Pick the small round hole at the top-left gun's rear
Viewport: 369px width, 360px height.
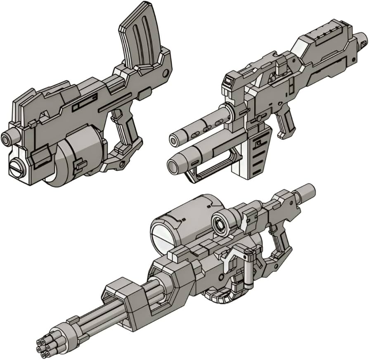tap(166, 73)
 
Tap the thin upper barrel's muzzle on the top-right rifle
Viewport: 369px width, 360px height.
tap(175, 138)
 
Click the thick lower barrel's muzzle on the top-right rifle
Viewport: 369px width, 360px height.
tap(174, 166)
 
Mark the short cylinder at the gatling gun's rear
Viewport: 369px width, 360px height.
tap(305, 193)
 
